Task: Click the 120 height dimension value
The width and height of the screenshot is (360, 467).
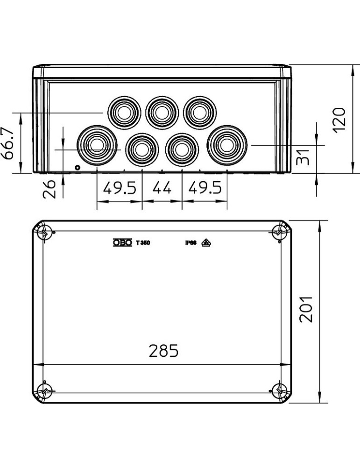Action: point(339,120)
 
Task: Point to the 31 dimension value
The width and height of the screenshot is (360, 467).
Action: point(303,156)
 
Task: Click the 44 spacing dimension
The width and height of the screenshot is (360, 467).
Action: point(162,188)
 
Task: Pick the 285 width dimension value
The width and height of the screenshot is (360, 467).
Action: point(163,351)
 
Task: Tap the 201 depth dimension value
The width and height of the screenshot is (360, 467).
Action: point(306,309)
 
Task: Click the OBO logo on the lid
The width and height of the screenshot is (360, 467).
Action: point(122,243)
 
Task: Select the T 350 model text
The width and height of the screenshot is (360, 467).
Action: point(143,243)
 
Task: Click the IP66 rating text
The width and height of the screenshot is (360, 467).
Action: point(191,243)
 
